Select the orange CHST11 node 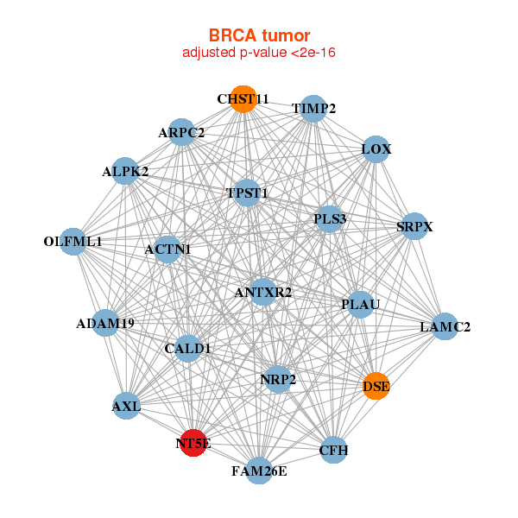tap(243, 99)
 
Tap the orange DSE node tap(376, 386)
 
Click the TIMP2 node tap(314, 108)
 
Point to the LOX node tap(376, 149)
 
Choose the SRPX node tap(414, 226)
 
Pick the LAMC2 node tap(445, 326)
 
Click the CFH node tap(333, 450)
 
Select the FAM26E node tap(259, 471)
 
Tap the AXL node tap(126, 404)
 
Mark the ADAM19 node tap(106, 324)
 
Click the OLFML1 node tap(74, 242)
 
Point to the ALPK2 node tap(126, 171)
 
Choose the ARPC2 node tap(181, 132)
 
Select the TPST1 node tap(247, 193)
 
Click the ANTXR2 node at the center tap(263, 292)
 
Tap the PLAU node tap(360, 304)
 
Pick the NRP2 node tap(278, 378)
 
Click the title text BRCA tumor tap(259, 35)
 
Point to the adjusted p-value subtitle tap(259, 53)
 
